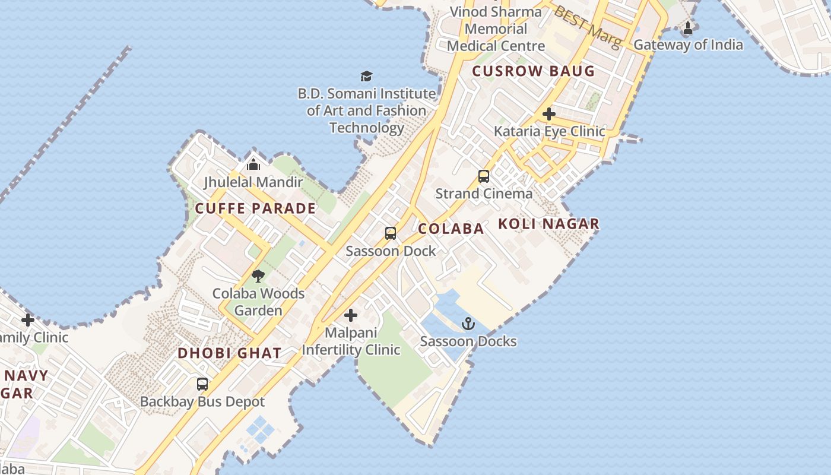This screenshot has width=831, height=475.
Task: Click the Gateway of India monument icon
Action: pos(688,27)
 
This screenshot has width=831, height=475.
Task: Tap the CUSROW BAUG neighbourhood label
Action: pos(533,71)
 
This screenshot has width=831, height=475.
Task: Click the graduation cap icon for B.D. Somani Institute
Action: pos(366,76)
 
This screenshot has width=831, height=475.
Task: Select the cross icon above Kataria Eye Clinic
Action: pos(549,113)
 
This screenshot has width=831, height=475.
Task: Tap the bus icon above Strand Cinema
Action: pos(484,176)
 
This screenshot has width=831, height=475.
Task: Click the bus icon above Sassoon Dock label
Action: pos(390,233)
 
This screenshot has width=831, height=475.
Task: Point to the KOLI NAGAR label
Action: pos(548,224)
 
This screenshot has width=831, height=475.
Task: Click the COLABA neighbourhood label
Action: pos(451,229)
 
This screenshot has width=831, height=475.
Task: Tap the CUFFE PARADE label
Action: pos(255,208)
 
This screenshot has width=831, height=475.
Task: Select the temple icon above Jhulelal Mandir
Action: pos(253,164)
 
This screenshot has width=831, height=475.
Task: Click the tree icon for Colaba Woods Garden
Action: pos(258,275)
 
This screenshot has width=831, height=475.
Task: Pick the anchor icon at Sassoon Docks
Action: pos(468,324)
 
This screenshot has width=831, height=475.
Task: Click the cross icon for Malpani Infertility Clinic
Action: pos(351,315)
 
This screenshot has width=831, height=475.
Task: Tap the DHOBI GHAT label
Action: pos(230,353)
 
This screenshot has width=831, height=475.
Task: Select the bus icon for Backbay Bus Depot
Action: pos(202,384)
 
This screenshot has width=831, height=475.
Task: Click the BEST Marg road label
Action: pos(588,26)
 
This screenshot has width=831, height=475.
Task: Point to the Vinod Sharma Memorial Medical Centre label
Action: pos(496,28)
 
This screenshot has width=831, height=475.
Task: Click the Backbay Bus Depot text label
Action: pos(202,402)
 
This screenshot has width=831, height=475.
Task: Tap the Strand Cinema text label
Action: pos(484,194)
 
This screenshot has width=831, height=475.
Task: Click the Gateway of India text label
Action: pos(688,45)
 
